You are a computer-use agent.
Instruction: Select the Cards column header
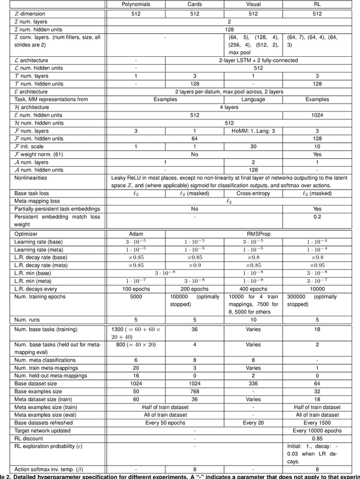point(195,4)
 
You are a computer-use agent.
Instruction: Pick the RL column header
point(317,4)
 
